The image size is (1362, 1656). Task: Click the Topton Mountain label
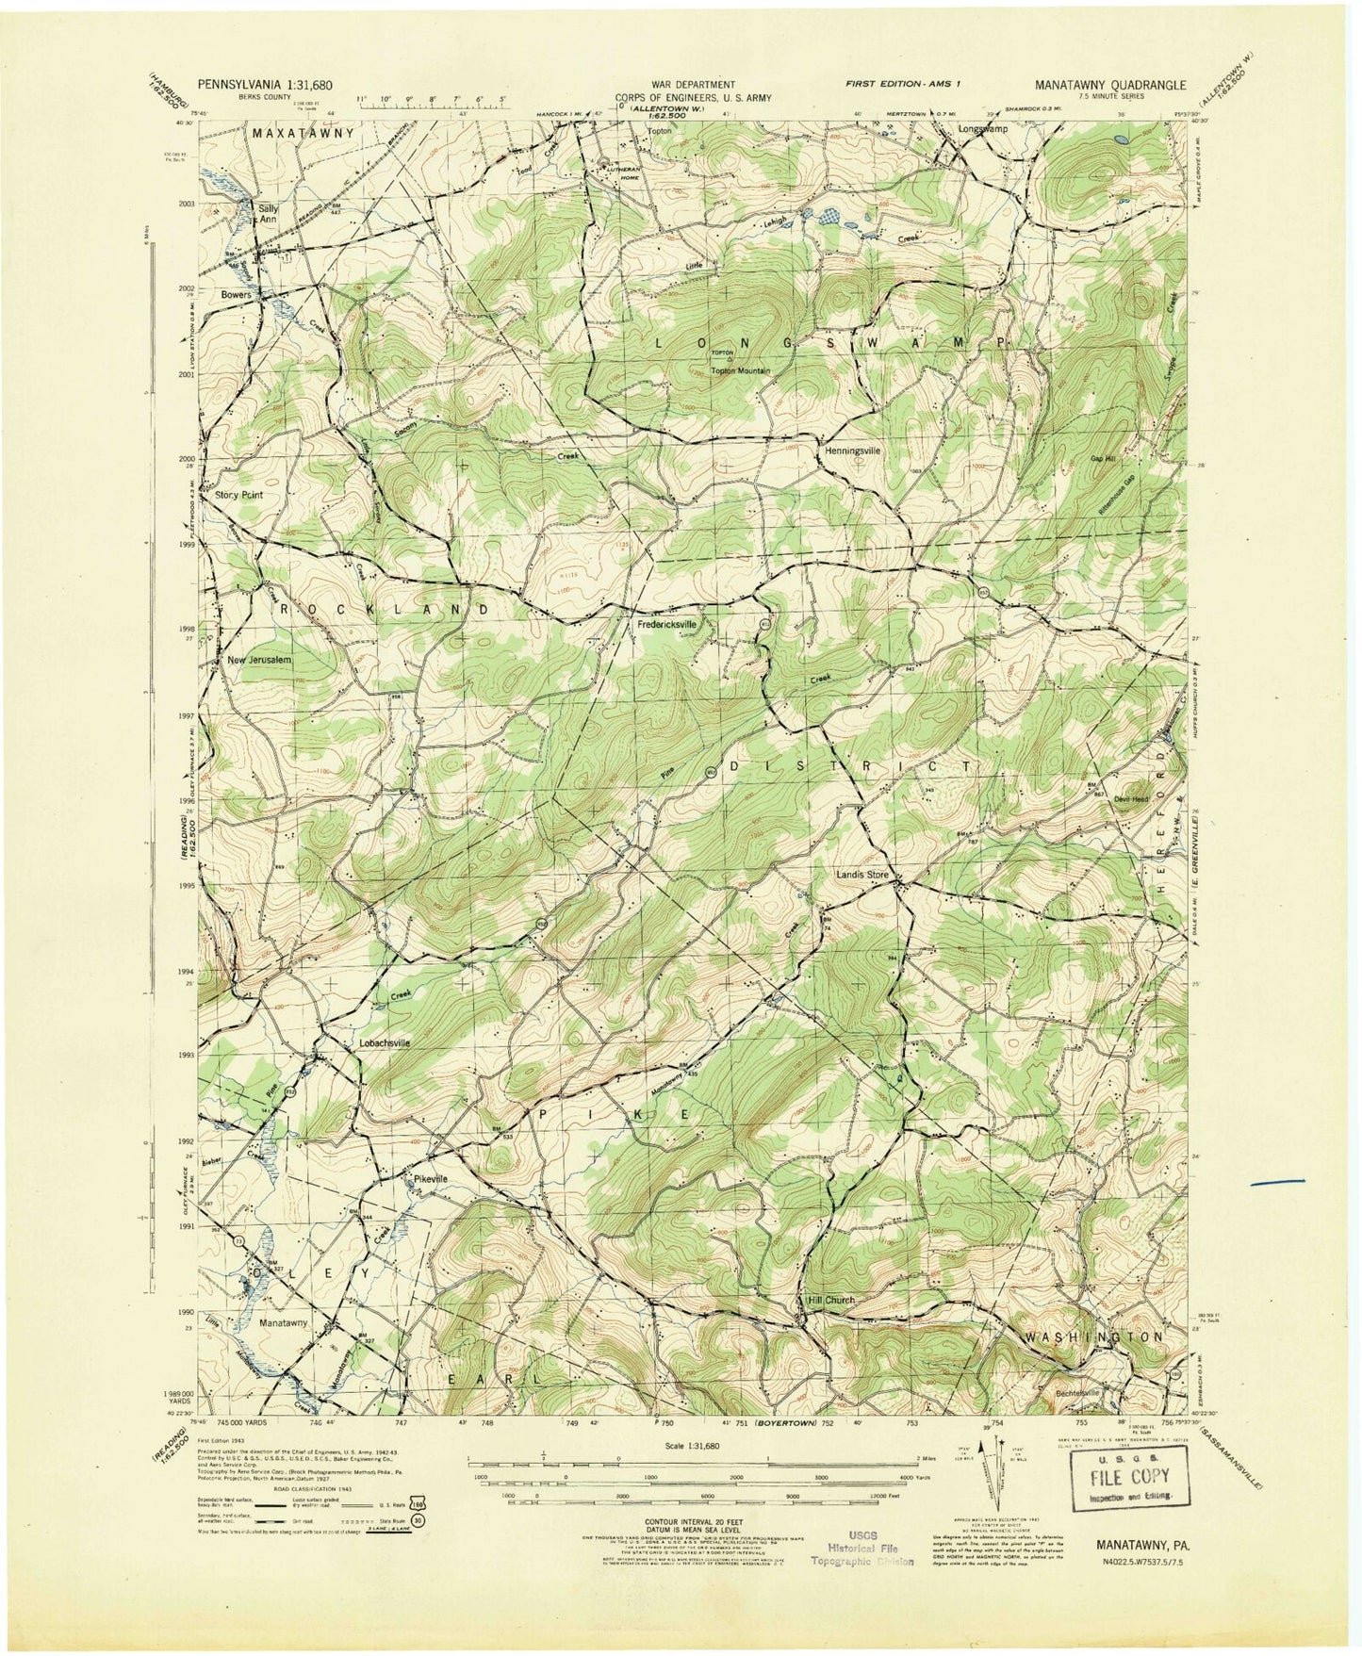point(740,371)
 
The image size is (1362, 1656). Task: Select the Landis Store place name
point(862,874)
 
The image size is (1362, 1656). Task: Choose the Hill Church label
point(830,1300)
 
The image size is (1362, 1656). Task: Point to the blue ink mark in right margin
point(1276,1180)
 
